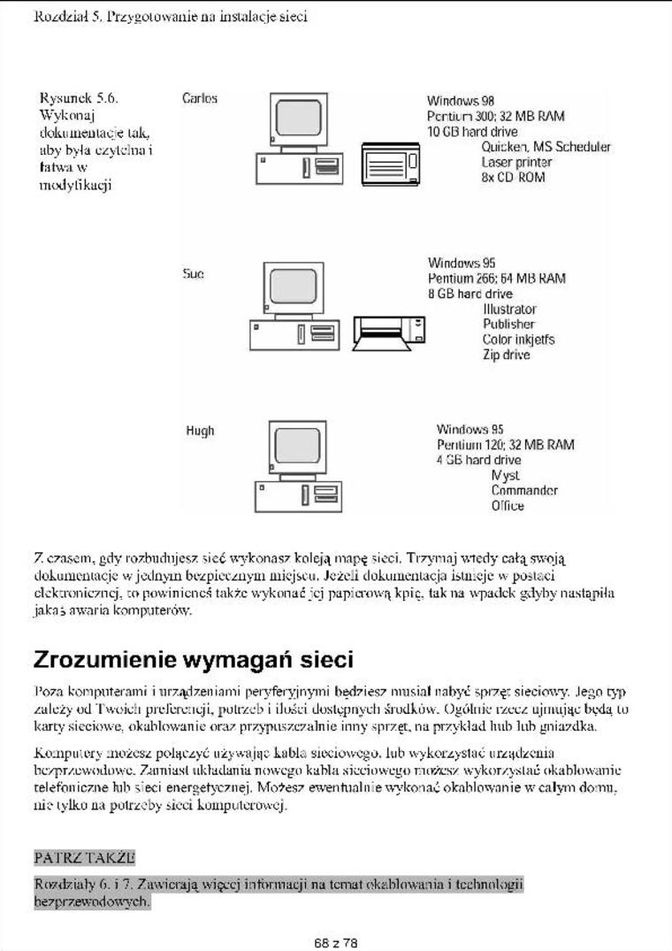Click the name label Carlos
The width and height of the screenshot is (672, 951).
199,98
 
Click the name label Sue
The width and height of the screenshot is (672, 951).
194,274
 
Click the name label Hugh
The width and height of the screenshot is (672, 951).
200,431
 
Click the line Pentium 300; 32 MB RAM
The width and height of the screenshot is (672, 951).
495,116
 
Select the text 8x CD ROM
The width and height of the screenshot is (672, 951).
514,178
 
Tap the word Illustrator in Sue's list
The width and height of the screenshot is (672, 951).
509,310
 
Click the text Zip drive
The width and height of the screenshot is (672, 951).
507,355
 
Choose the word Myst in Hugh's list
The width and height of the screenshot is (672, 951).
505,475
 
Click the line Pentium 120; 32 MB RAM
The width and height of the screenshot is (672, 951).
505,445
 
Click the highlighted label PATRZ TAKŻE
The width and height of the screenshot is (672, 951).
84,857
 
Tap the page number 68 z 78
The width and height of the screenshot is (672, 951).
336,943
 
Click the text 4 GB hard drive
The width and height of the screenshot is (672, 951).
478,460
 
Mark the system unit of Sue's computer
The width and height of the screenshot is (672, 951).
293,333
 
